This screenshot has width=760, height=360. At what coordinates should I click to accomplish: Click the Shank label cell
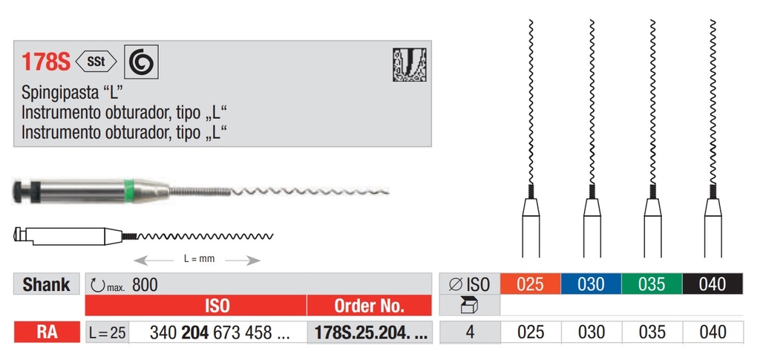46,284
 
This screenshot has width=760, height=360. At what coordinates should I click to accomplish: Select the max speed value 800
145,284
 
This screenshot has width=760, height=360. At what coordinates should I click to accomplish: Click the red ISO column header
216,306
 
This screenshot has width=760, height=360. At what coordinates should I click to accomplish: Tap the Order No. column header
369,306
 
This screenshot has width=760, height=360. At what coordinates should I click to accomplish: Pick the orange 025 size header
530,284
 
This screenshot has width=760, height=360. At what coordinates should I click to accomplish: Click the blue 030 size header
591,284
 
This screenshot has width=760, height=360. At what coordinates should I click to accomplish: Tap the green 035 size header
652,284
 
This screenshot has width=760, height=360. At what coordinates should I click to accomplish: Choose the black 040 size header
712,284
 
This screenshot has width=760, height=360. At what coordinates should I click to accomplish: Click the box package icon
469,306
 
